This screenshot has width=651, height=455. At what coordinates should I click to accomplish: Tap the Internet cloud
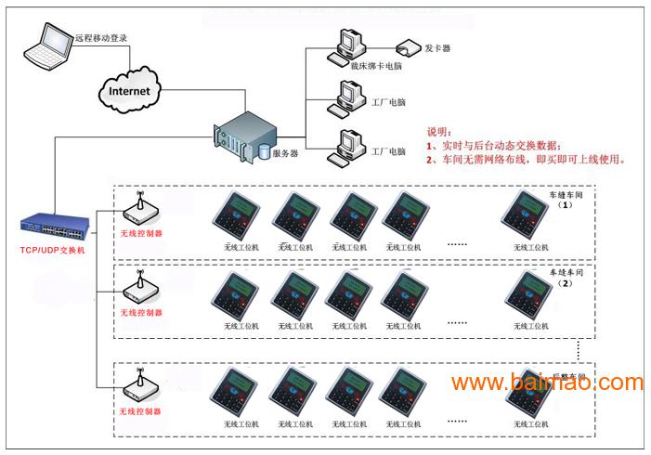click(x=129, y=91)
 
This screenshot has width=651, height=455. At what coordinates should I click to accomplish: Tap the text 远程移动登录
click(x=100, y=38)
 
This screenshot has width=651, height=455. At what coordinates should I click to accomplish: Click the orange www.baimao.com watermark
click(x=547, y=382)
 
